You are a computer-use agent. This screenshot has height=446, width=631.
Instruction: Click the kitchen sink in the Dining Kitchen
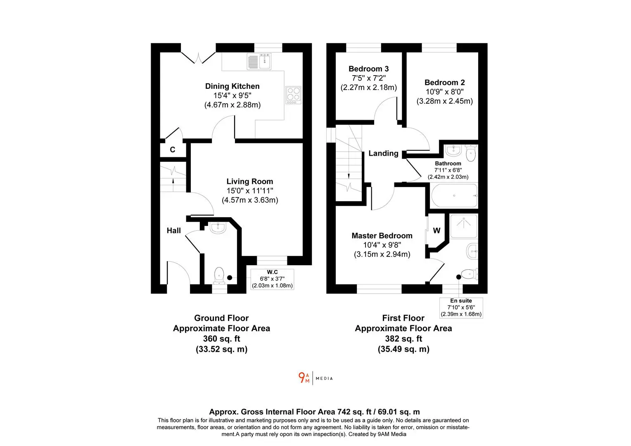pyautogui.click(x=259, y=62)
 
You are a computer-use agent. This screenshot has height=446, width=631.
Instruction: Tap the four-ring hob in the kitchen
pyautogui.click(x=293, y=95)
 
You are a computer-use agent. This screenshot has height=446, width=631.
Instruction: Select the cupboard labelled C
pyautogui.click(x=173, y=149)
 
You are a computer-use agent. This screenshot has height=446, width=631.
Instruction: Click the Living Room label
pyautogui.click(x=250, y=181)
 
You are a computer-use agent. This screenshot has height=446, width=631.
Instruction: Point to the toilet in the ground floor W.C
pyautogui.click(x=219, y=275)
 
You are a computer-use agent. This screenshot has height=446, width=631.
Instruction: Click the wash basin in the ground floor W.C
pyautogui.click(x=218, y=228)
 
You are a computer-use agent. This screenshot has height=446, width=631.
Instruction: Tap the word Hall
pyautogui.click(x=173, y=230)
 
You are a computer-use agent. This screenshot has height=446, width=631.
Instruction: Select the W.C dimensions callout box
pyautogui.click(x=272, y=279)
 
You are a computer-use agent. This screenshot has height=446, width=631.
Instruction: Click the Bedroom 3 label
pyautogui.click(x=368, y=69)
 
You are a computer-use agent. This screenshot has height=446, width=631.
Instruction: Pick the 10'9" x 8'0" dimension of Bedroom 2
pyautogui.click(x=444, y=92)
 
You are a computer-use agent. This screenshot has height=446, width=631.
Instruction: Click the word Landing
pyautogui.click(x=383, y=153)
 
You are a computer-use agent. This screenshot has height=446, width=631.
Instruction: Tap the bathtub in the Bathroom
pyautogui.click(x=454, y=195)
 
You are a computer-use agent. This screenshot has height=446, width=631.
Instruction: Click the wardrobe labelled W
pyautogui.click(x=436, y=230)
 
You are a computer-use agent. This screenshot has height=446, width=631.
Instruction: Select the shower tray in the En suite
pyautogui.click(x=464, y=226)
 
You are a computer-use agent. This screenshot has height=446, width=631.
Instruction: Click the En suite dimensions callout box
pyautogui.click(x=461, y=308)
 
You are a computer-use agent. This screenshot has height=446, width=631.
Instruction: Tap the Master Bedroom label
pyautogui.click(x=382, y=235)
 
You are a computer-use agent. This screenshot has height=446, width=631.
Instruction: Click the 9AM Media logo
pyautogui.click(x=315, y=378)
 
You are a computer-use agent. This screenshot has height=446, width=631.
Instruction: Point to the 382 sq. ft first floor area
pyautogui.click(x=403, y=339)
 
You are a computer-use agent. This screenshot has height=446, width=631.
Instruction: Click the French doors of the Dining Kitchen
pyautogui.click(x=198, y=58)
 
